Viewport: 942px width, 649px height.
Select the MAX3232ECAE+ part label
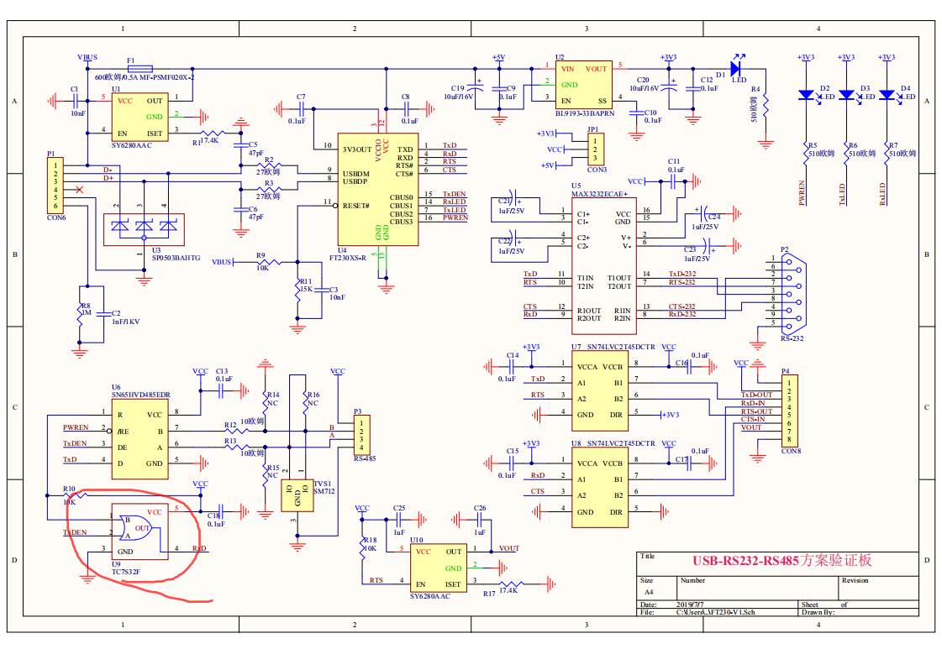coord(605,194)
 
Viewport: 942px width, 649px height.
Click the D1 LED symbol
coord(736,67)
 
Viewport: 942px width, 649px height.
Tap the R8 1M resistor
coord(81,312)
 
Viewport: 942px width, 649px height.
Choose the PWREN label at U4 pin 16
coord(455,217)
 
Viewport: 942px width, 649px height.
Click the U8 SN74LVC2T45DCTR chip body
coord(600,488)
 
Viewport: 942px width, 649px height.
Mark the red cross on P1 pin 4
coord(79,191)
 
